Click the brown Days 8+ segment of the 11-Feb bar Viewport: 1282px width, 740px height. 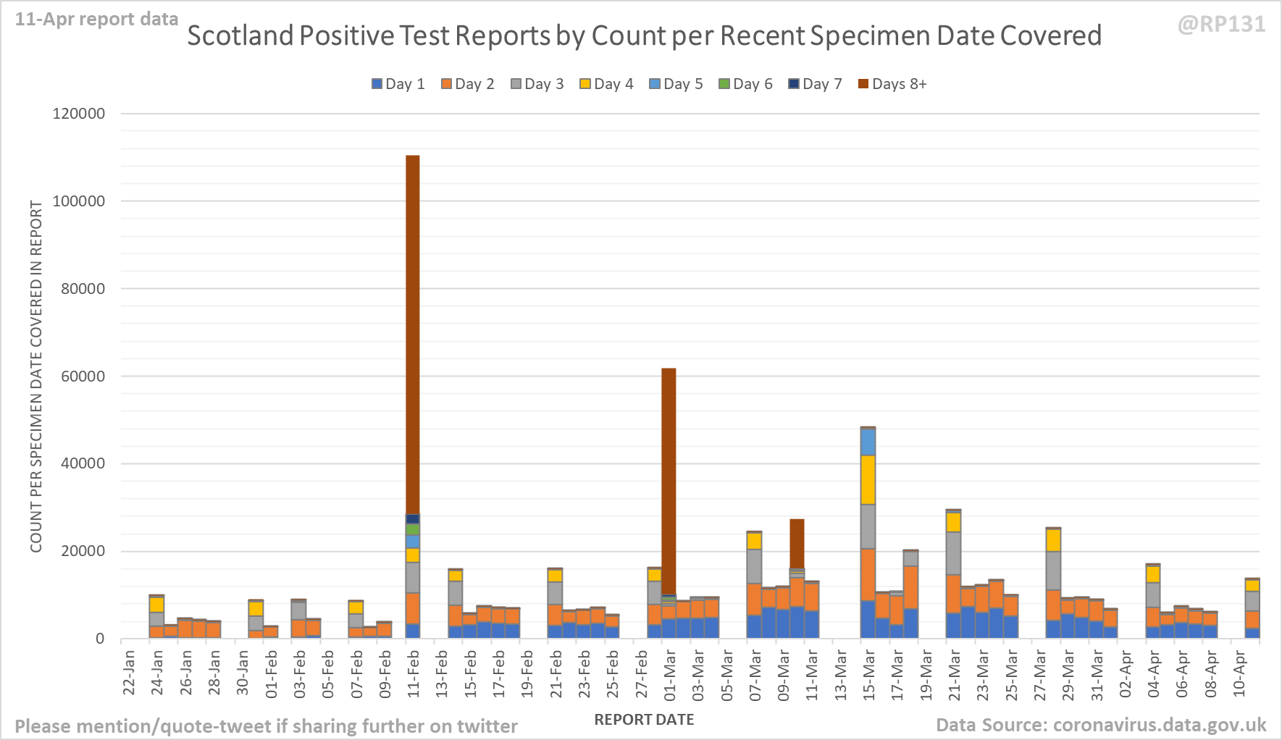(413, 333)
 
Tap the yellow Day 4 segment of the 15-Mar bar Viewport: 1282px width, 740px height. (868, 479)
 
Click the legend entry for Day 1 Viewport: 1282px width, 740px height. (398, 84)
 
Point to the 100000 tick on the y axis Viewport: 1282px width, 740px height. (79, 201)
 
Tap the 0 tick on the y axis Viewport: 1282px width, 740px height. (100, 639)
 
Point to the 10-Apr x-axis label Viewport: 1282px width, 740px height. (1239, 674)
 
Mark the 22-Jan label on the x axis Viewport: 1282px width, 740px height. (129, 674)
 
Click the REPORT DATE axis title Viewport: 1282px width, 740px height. (644, 720)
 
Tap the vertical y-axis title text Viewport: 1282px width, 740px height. (36, 377)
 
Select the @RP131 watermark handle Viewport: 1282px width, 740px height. (1222, 25)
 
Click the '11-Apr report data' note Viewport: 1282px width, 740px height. (96, 20)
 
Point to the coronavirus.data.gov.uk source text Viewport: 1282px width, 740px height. (1159, 725)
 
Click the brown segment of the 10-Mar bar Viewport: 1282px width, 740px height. (797, 543)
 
